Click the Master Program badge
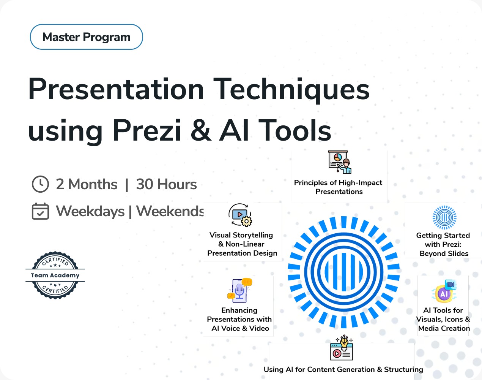87,37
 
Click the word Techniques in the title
291,89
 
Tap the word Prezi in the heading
147,131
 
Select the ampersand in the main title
201,131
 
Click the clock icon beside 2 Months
40,184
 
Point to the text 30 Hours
166,184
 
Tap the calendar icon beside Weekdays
40,211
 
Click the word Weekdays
90,211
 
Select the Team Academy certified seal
55,275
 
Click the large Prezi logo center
344,272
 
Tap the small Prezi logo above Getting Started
444,217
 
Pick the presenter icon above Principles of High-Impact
340,162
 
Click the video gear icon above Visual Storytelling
240,215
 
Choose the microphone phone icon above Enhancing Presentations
239,291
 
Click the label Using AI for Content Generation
343,369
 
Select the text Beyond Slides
444,253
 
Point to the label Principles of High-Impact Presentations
339,187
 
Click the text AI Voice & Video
240,328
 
